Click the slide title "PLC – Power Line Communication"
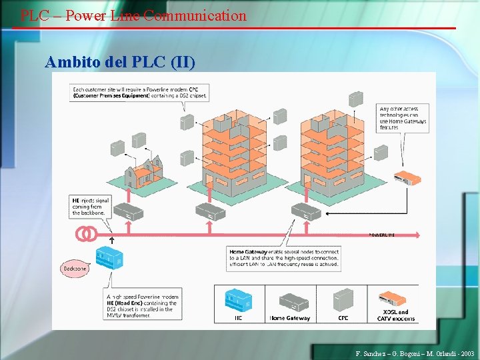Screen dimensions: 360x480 pos(133,15)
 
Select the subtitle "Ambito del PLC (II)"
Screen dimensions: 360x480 pos(120,63)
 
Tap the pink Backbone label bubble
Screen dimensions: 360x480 pos(75,269)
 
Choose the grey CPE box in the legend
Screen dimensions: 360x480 pos(343,299)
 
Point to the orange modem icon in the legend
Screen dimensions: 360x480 pos(395,298)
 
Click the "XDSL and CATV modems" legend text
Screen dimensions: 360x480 pos(395,315)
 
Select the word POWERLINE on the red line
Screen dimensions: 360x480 pos(382,235)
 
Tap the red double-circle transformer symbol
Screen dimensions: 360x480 pos(85,234)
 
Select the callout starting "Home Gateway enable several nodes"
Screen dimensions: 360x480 pos(283,257)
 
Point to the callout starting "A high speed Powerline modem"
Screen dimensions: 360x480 pos(141,305)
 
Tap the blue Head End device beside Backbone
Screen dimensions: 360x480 pos(107,257)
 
